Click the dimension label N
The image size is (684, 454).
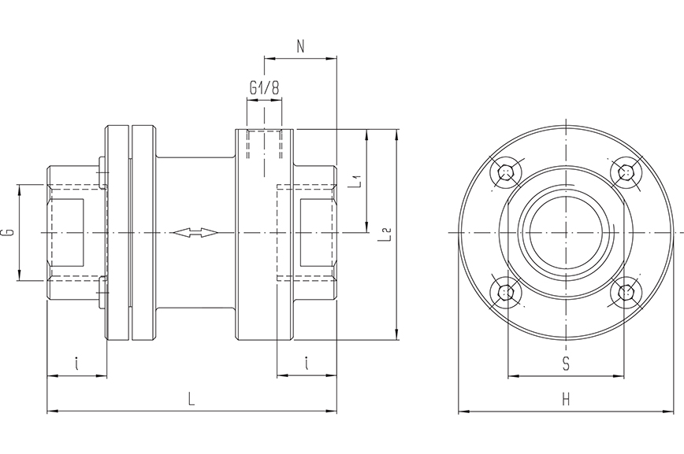click(x=300, y=46)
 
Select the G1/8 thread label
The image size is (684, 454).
click(x=264, y=89)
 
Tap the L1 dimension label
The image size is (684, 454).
click(x=356, y=182)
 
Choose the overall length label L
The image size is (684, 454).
click(x=191, y=399)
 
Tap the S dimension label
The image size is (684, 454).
click(x=566, y=363)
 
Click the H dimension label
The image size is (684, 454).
click(x=566, y=400)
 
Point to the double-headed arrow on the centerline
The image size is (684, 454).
click(x=194, y=233)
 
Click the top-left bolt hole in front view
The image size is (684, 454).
click(x=505, y=172)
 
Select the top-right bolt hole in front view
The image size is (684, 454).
click(x=626, y=172)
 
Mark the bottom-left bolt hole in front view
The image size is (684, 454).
click(x=505, y=293)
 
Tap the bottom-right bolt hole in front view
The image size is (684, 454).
click(x=626, y=293)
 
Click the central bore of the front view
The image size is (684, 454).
click(x=565, y=233)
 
